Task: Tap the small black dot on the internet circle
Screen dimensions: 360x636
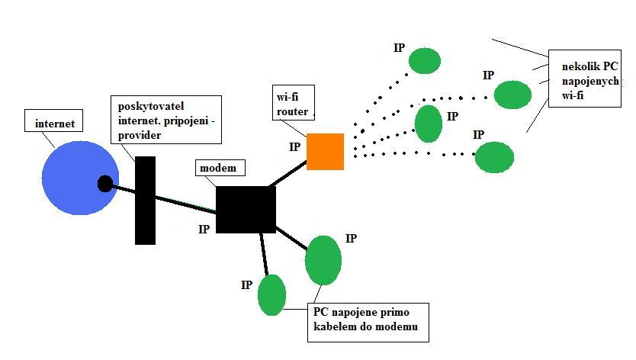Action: coord(105,183)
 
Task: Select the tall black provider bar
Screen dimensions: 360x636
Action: coord(145,200)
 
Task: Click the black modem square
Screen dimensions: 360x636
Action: coord(246,209)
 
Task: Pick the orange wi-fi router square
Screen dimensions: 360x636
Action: coord(326,151)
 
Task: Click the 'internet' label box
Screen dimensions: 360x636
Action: coord(55,122)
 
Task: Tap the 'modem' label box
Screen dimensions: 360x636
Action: coord(217,168)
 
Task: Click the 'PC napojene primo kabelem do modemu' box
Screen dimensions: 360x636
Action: coord(367,320)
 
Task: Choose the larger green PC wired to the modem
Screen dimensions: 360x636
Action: coord(323,259)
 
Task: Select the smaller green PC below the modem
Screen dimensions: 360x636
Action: coord(271,295)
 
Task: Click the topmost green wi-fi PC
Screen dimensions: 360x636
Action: coord(424,60)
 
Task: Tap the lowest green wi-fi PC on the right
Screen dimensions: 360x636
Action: coord(494,157)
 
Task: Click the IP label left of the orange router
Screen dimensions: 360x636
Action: coord(295,146)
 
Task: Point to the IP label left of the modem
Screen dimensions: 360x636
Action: coord(204,229)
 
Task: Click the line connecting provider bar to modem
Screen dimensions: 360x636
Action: coord(186,201)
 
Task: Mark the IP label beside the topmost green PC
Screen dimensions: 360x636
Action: coord(400,48)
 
